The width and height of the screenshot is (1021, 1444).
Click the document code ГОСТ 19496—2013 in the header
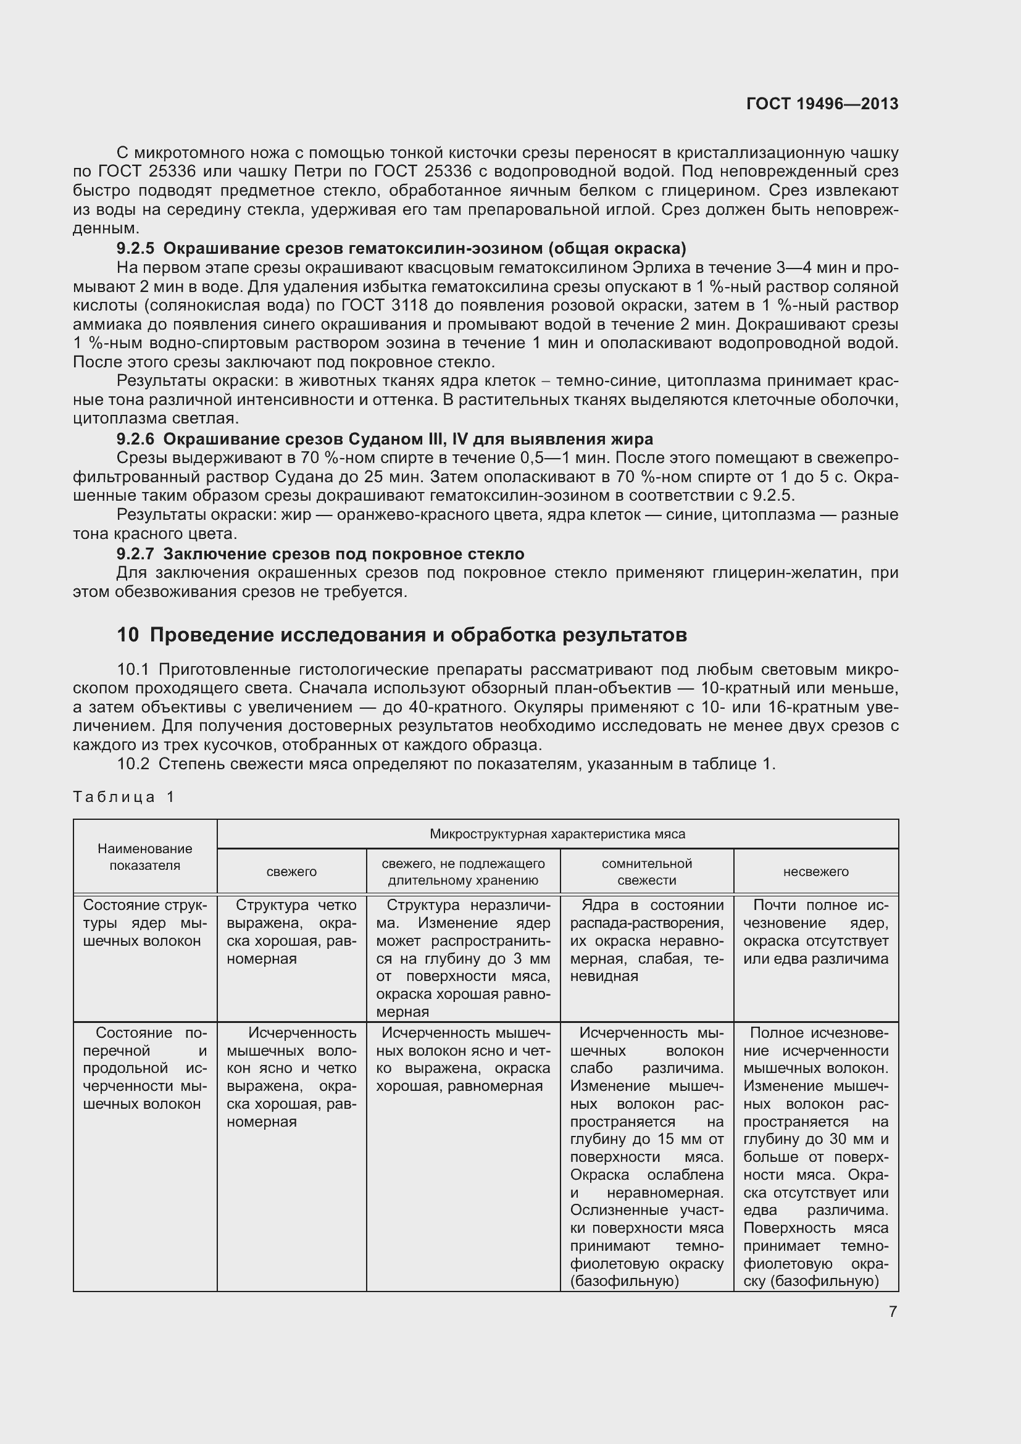point(822,104)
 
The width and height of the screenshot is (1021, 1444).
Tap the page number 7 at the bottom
point(893,1311)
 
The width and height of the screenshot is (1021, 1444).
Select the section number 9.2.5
point(135,248)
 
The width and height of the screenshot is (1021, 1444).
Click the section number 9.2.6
point(135,438)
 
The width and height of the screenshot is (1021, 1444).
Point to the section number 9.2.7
point(135,553)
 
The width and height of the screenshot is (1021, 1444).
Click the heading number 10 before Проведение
point(128,635)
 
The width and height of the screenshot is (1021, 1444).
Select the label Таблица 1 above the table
point(123,797)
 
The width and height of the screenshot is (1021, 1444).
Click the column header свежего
point(292,872)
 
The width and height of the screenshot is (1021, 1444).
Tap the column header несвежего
point(815,872)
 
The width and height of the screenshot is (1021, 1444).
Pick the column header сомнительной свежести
point(646,872)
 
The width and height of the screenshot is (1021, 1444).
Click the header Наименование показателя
point(144,857)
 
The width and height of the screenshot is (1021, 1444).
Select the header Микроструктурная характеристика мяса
point(557,834)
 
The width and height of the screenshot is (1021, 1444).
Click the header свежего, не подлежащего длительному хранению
point(463,872)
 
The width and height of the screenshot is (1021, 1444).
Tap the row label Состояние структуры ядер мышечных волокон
point(144,922)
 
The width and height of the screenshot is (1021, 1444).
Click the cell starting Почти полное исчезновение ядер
point(815,932)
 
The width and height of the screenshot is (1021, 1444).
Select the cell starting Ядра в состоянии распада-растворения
point(646,940)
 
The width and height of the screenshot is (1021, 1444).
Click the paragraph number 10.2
point(133,764)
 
